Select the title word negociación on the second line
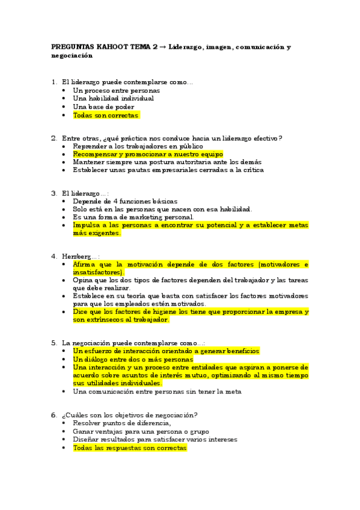(72, 55)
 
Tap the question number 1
(54, 82)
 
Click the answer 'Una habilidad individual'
(113, 99)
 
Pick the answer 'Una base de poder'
(103, 107)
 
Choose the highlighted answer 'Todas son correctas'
(106, 115)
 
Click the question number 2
(54, 138)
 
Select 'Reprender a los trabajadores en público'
(138, 146)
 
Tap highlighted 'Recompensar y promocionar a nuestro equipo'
(148, 155)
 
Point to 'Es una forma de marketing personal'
(133, 217)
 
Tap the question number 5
(54, 343)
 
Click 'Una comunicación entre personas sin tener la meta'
(157, 392)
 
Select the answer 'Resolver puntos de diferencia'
(121, 423)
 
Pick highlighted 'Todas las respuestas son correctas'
(130, 447)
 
